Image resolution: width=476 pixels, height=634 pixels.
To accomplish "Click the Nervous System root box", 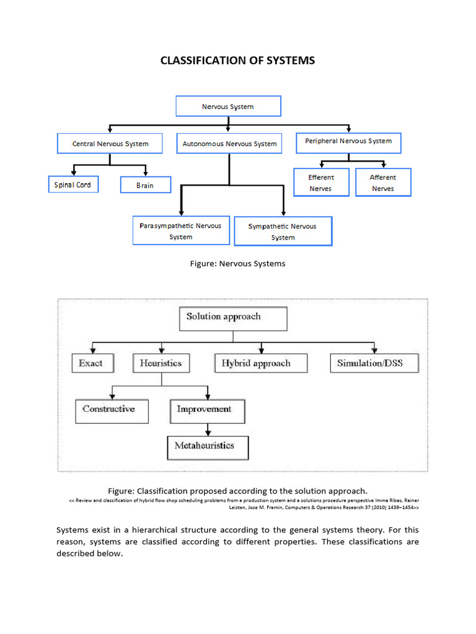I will (228, 106).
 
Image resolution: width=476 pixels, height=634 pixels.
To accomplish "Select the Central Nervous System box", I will (110, 144).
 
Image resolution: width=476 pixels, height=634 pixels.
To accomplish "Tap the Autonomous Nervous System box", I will (229, 144).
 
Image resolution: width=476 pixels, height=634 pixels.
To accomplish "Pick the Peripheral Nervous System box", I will (348, 142).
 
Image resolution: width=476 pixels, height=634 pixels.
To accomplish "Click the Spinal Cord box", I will (73, 185).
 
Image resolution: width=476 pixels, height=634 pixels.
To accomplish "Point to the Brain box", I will (144, 185).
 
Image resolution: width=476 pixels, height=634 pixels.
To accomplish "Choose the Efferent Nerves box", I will (320, 183).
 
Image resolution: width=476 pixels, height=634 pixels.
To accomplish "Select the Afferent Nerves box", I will (382, 183).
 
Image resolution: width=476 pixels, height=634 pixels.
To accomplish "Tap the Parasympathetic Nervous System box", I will (180, 231).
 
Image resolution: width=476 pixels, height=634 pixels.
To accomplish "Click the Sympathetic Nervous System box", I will (283, 232).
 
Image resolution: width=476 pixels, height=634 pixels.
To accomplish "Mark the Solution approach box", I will (233, 318).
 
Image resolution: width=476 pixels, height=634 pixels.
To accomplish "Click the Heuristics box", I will (161, 363).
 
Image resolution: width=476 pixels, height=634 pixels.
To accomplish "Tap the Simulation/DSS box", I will (374, 363).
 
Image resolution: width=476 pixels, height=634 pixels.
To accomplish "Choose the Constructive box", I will (112, 410).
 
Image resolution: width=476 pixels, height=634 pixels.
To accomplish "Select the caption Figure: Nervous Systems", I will (237, 264).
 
